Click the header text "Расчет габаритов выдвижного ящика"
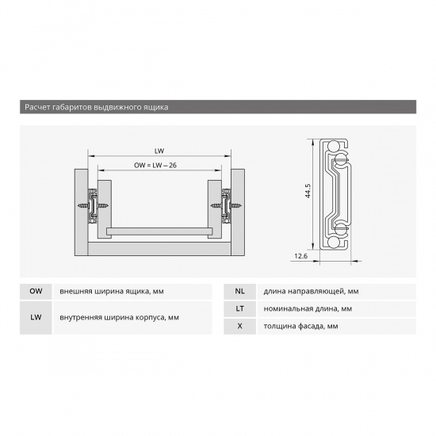[96, 107]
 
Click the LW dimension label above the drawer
[159, 151]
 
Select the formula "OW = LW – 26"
[155, 165]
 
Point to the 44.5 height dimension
[308, 191]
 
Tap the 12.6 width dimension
[301, 256]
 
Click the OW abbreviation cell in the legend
[36, 292]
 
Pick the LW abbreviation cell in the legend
[36, 318]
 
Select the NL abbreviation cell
[239, 292]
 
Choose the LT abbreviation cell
[239, 308]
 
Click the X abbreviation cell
[239, 326]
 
